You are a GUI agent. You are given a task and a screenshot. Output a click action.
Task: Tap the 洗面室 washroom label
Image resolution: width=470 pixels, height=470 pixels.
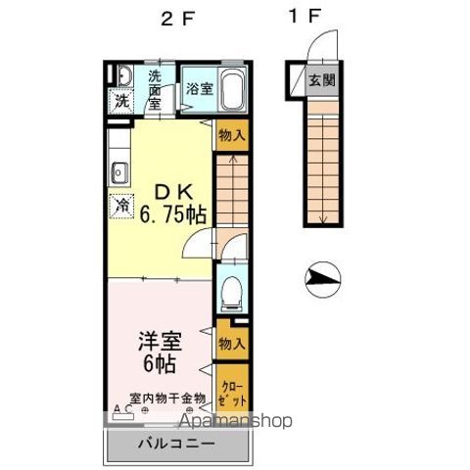[x=155, y=88]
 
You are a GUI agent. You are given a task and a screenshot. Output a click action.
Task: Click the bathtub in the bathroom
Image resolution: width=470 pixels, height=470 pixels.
[x=230, y=91]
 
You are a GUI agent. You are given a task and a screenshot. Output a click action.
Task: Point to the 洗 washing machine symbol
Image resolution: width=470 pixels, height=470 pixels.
[x=120, y=99]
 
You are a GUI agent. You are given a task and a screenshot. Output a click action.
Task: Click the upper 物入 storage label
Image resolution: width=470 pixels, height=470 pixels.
[x=232, y=136]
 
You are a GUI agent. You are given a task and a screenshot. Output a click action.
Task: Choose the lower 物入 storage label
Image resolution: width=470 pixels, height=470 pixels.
[x=232, y=344]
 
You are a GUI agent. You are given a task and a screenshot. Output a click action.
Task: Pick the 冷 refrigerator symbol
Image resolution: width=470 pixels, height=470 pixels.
[x=121, y=207]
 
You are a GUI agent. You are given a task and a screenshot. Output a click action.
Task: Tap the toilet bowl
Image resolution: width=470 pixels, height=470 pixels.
[x=232, y=292]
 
